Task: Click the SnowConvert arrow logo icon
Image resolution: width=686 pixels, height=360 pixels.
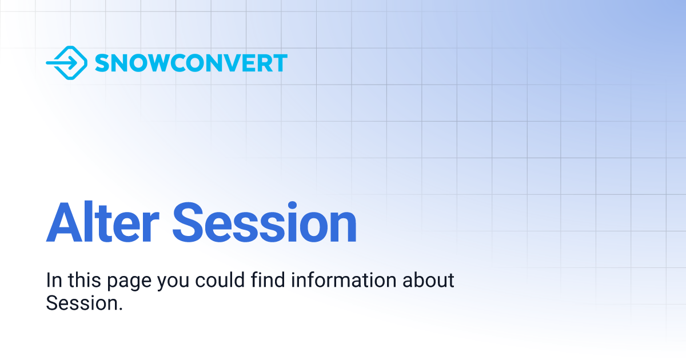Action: (66, 63)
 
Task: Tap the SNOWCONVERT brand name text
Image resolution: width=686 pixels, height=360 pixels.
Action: (191, 63)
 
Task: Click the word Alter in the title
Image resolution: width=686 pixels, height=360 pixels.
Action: (102, 223)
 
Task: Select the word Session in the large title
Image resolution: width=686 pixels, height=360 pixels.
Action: (265, 223)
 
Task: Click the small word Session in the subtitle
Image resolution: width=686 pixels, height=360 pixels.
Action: (82, 303)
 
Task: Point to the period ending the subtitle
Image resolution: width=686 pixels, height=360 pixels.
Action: (121, 309)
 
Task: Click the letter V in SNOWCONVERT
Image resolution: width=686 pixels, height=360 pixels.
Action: (228, 63)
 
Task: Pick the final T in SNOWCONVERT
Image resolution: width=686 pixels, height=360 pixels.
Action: (280, 63)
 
